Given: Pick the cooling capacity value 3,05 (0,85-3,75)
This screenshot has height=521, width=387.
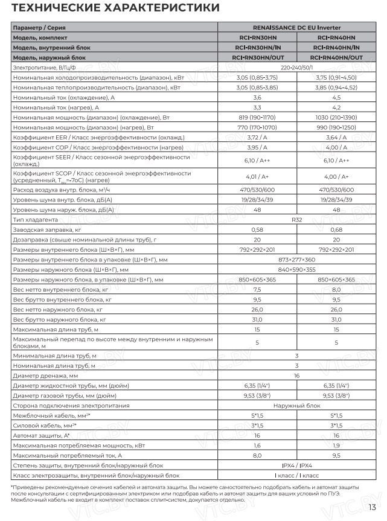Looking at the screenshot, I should [x=257, y=77].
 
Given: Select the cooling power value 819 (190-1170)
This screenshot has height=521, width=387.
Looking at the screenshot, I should [x=257, y=117].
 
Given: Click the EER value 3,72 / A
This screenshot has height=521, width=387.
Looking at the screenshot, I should [x=257, y=137].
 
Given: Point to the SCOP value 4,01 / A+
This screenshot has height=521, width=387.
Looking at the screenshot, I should [x=257, y=176].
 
